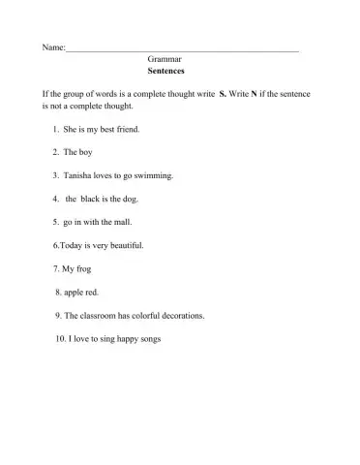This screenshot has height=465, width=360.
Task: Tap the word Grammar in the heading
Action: tap(165, 59)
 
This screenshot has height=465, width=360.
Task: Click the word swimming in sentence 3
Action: tap(152, 175)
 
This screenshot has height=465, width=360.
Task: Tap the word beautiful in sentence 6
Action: tap(124, 245)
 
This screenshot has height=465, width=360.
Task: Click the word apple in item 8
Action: tap(75, 292)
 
